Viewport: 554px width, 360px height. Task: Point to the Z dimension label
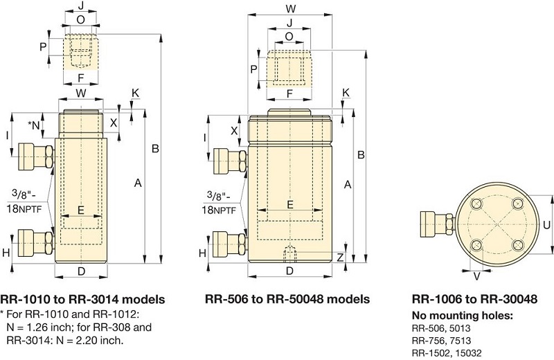(339, 257)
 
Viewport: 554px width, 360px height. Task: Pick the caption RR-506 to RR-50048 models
(287, 300)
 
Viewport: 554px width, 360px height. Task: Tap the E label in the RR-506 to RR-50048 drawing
(289, 204)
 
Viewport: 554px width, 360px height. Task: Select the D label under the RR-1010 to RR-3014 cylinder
(81, 271)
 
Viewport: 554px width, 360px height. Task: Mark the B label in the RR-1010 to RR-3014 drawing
(156, 148)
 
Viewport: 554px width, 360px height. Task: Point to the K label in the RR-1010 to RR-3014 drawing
(135, 92)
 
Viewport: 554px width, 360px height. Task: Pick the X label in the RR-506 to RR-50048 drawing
(234, 130)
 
